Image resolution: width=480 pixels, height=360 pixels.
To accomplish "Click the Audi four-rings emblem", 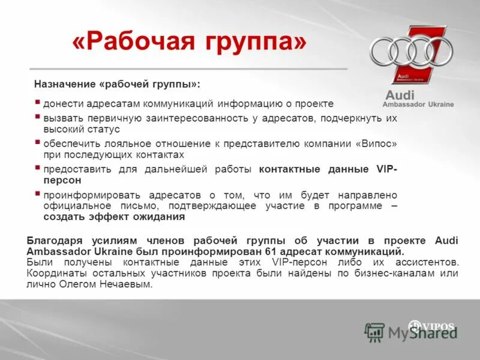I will (x=410, y=51).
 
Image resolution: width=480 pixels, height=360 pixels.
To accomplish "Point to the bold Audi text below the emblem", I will (x=400, y=95).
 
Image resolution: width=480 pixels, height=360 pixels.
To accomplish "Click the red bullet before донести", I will (x=38, y=103).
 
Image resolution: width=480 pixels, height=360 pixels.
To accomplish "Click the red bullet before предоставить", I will (x=38, y=169).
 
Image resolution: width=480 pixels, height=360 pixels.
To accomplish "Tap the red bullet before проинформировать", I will (x=38, y=194).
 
